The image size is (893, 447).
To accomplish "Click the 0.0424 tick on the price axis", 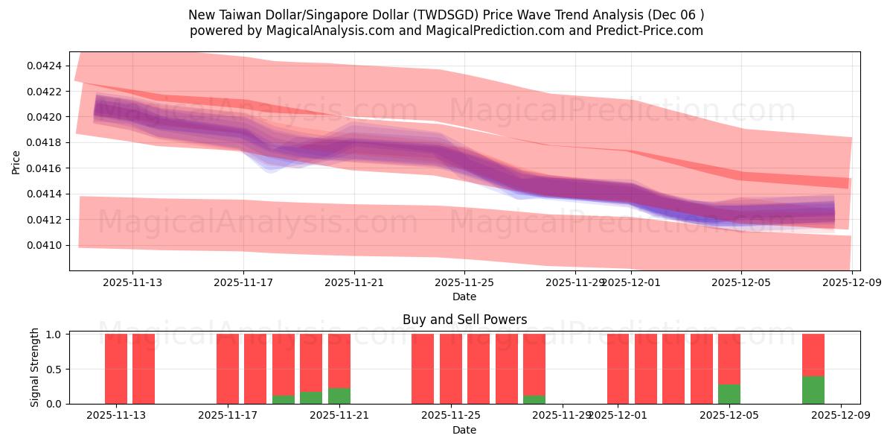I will tap(45, 66).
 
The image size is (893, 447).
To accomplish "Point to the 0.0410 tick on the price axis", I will tap(45, 245).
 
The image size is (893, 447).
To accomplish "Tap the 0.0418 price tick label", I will tap(45, 142).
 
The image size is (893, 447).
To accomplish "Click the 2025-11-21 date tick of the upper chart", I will tap(354, 282).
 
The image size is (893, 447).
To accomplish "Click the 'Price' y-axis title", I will tap(16, 161).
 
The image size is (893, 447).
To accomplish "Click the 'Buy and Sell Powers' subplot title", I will tap(464, 320).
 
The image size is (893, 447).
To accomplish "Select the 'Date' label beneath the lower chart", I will tap(464, 430).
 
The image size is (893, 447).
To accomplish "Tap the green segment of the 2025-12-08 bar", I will tap(813, 390).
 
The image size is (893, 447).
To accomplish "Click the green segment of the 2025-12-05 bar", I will tap(729, 394).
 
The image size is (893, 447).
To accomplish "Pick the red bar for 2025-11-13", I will tap(144, 369).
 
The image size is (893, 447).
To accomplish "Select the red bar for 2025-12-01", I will tap(618, 369).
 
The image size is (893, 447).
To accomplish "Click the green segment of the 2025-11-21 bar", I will tap(339, 396).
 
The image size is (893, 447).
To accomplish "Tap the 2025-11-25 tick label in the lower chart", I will tap(451, 415).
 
